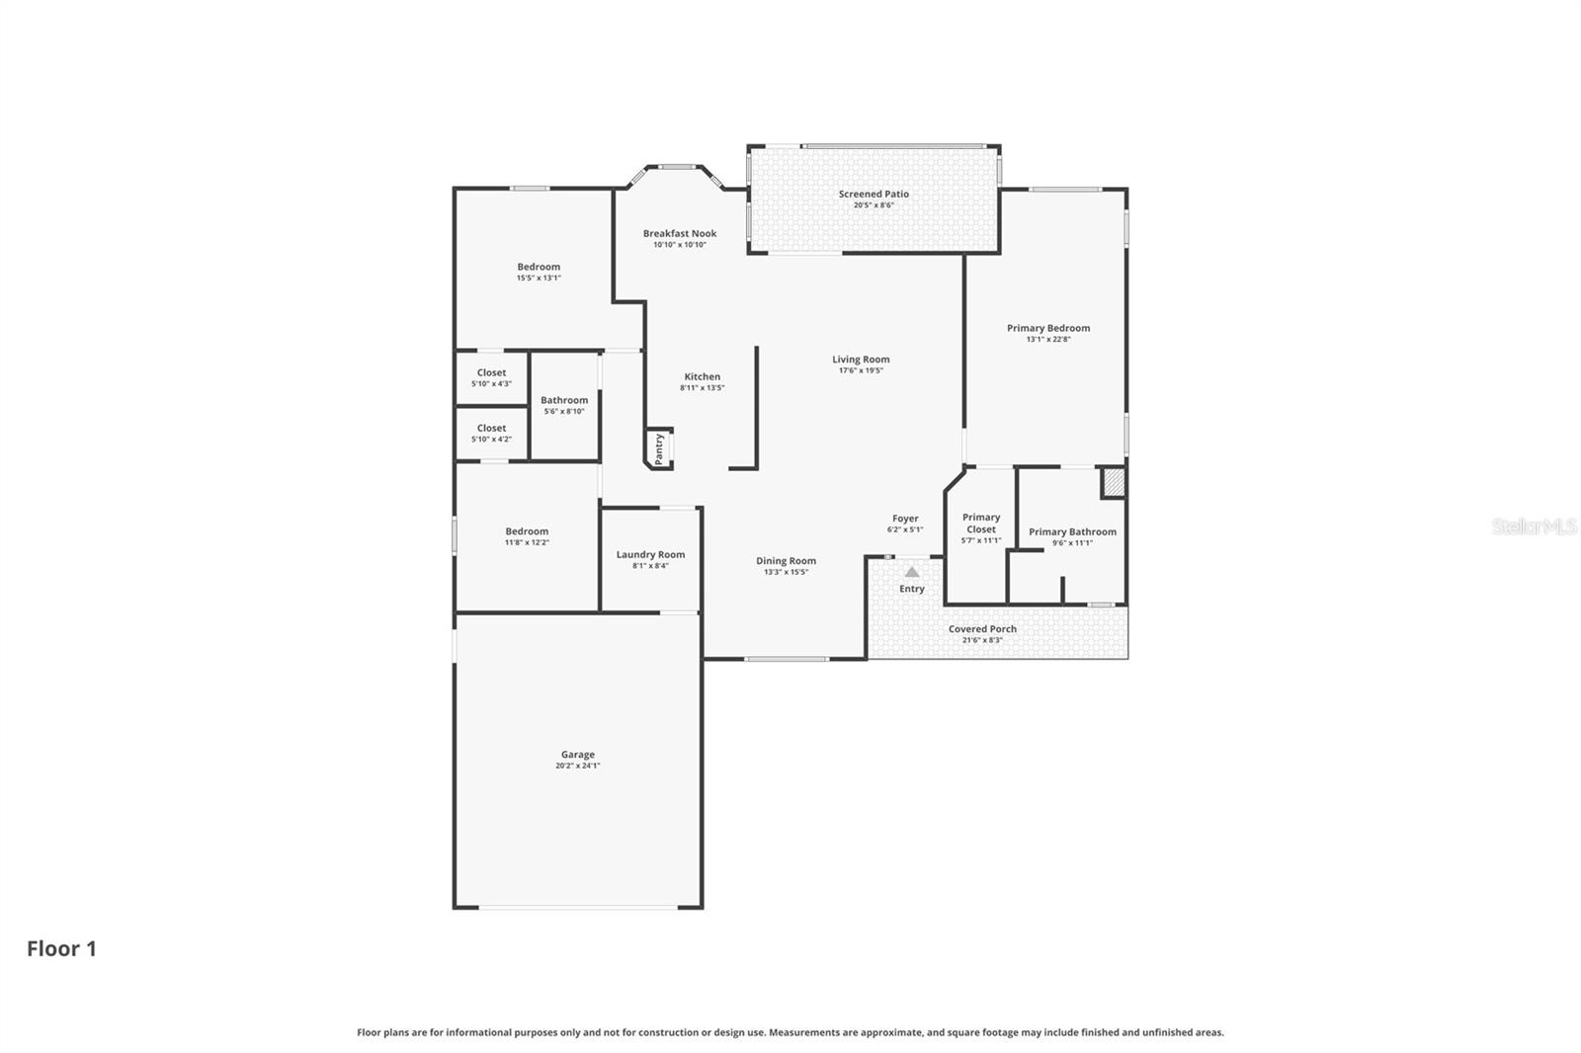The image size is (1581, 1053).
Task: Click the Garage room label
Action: (578, 755)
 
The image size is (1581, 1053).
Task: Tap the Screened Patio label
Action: (874, 195)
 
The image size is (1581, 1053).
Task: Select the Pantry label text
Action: (659, 448)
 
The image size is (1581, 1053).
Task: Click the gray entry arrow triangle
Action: (912, 572)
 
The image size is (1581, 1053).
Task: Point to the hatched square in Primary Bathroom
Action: (1114, 483)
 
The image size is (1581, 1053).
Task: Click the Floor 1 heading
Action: (61, 948)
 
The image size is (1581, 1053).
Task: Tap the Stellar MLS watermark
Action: (1534, 526)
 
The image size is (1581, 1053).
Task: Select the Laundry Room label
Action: (650, 554)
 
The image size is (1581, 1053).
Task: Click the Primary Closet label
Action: (981, 524)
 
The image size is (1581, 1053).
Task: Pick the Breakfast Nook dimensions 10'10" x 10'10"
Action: (680, 245)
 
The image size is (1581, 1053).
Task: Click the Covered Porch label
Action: (982, 629)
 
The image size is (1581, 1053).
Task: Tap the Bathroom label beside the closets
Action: (564, 400)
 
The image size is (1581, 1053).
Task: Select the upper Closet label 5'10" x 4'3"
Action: (491, 373)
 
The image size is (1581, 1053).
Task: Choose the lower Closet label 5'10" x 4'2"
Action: (491, 429)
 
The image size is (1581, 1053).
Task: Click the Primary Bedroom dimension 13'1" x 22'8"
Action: (1048, 340)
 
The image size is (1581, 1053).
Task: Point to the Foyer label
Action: (905, 519)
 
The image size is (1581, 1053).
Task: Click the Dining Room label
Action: (787, 561)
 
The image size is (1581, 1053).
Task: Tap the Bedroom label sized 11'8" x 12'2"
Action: (527, 531)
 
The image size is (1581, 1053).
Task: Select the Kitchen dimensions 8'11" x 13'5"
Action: (702, 388)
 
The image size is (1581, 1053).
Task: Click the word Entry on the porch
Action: (912, 589)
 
